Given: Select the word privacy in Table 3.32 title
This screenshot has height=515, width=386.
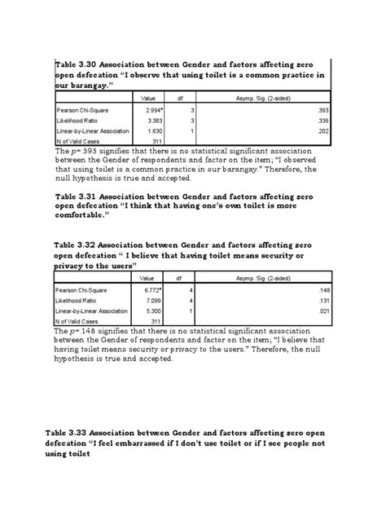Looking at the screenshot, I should (72, 266).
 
